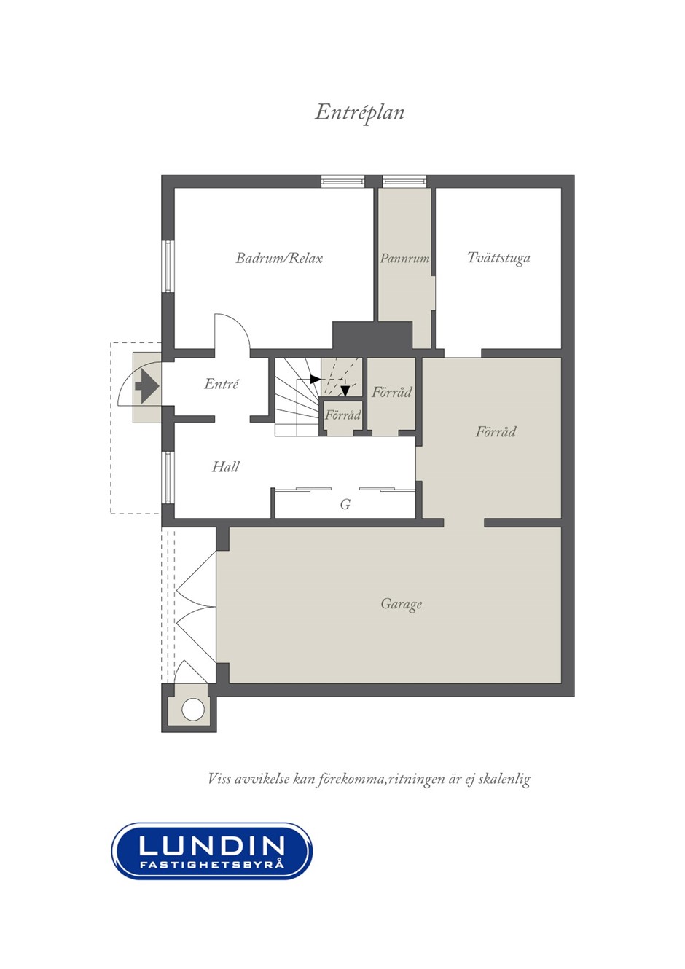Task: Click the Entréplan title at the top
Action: [359, 113]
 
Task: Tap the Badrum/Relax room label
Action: [279, 258]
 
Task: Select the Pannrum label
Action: [404, 258]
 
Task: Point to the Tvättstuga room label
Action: [498, 258]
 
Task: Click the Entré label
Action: [221, 384]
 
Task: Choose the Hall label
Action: [225, 467]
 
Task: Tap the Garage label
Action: [401, 604]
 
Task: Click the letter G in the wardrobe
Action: [345, 504]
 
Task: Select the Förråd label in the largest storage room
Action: [496, 432]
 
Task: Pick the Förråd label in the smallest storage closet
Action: [342, 415]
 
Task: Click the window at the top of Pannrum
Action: [404, 181]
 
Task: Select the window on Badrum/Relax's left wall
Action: [168, 266]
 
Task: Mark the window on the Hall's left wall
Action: [168, 477]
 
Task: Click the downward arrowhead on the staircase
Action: [345, 391]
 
